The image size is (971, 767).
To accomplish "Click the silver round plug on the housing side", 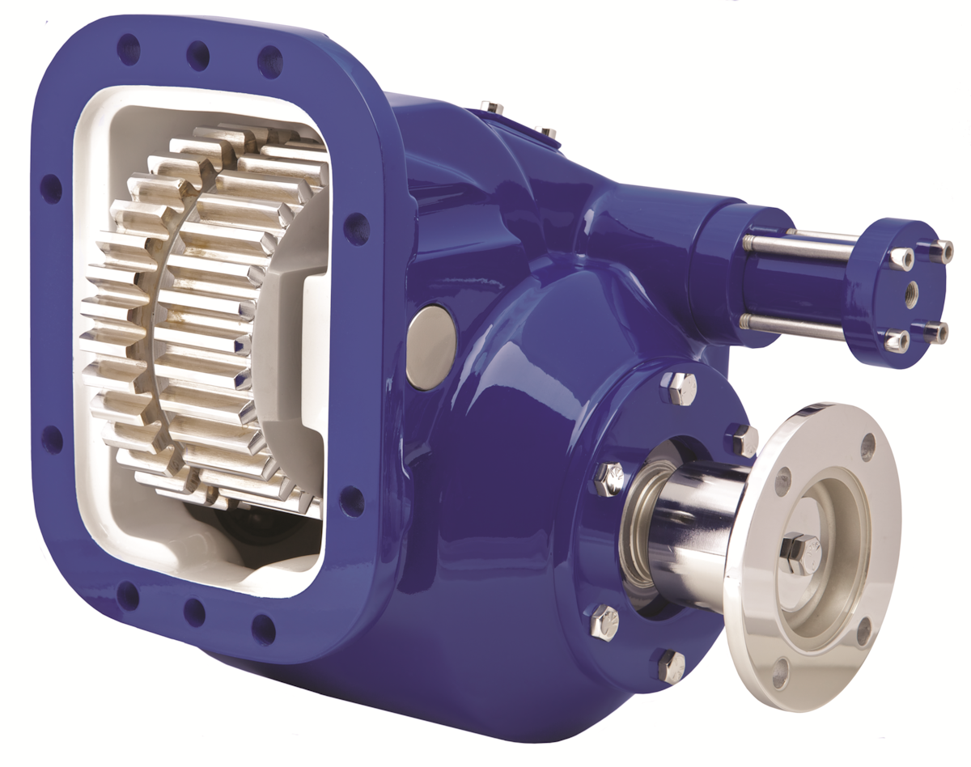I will (x=430, y=347).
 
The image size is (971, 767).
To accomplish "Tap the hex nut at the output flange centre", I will (x=801, y=554).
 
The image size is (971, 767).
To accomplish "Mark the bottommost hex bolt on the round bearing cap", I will (x=671, y=665).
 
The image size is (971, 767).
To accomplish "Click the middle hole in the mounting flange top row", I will (x=198, y=55).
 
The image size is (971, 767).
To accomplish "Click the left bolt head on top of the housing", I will (x=490, y=107).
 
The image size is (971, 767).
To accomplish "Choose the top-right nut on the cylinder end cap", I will (x=940, y=251).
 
